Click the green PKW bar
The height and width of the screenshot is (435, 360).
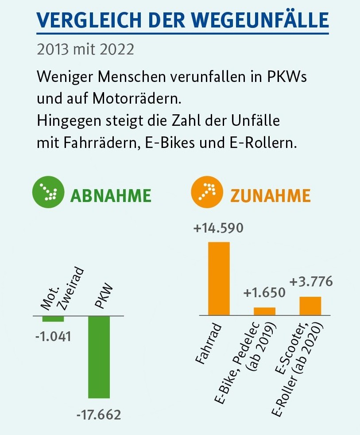click(x=99, y=357)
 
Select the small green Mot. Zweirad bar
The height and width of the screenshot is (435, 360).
click(x=53, y=319)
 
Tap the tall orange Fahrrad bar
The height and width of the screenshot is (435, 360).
click(x=219, y=278)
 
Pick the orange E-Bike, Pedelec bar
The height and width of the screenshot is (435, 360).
click(x=264, y=311)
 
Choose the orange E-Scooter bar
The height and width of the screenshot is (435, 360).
click(x=310, y=306)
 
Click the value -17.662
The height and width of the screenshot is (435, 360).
click(x=98, y=415)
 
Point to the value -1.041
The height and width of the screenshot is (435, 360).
click(x=53, y=336)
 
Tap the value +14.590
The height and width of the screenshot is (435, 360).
click(x=219, y=229)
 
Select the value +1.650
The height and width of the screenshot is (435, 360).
click(x=264, y=293)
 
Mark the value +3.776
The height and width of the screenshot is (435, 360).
click(x=311, y=282)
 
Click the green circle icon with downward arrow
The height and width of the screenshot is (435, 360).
click(x=46, y=194)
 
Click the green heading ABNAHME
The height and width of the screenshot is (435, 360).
click(x=111, y=195)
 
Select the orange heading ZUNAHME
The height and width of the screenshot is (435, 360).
click(x=270, y=195)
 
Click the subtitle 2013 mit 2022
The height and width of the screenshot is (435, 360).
click(x=85, y=49)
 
